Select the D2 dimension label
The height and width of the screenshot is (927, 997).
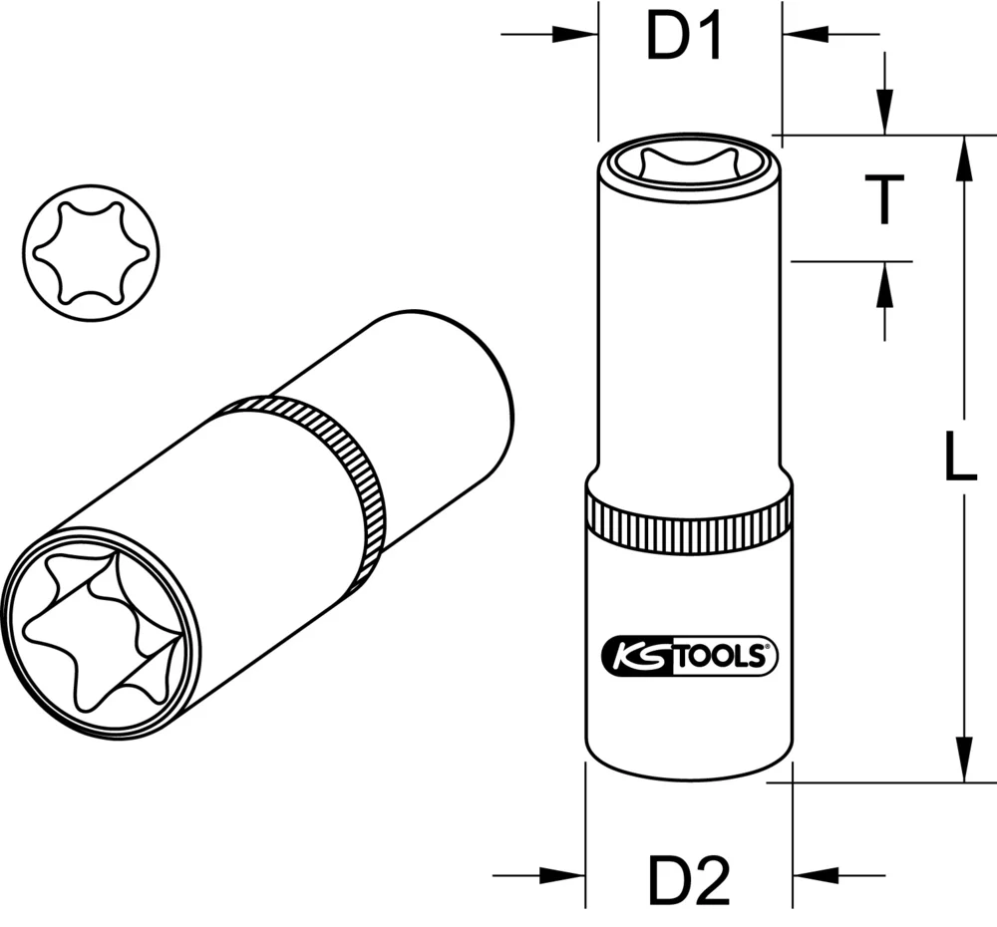[x=689, y=878]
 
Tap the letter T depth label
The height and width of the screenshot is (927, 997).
[x=883, y=199]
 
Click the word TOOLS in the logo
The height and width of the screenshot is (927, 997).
[x=723, y=656]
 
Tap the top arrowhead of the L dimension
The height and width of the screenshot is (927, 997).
[x=963, y=159]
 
